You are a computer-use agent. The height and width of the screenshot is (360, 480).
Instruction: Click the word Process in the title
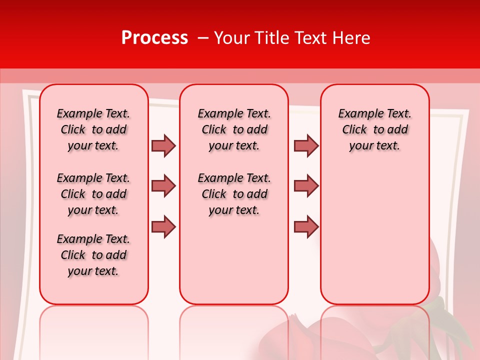pos(154,38)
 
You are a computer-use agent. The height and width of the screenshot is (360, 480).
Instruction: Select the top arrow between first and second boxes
pos(163,145)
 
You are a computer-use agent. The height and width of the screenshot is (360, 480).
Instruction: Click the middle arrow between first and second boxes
pos(163,186)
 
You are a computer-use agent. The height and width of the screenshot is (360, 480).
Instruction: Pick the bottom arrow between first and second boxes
pos(163,226)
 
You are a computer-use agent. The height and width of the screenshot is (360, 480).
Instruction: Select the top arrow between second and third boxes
pos(306,145)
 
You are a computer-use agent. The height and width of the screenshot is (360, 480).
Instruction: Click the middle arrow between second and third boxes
pos(306,186)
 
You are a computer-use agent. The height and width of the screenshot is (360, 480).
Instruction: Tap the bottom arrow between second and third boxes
pos(306,226)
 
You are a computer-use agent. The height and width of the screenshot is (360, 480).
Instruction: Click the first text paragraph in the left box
pos(93,129)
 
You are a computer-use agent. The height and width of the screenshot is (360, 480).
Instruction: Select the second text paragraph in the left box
pos(93,194)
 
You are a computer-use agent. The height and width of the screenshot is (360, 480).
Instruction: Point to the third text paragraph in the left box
pos(93,255)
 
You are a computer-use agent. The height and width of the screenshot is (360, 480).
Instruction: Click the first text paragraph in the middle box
pos(234,129)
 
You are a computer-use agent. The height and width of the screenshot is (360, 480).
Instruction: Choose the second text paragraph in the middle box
pos(234,194)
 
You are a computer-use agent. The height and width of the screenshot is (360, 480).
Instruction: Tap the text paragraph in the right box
pos(374,129)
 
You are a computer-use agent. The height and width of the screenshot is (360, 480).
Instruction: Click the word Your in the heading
pos(231,38)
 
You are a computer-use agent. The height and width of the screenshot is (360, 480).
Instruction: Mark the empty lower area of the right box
pos(374,230)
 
